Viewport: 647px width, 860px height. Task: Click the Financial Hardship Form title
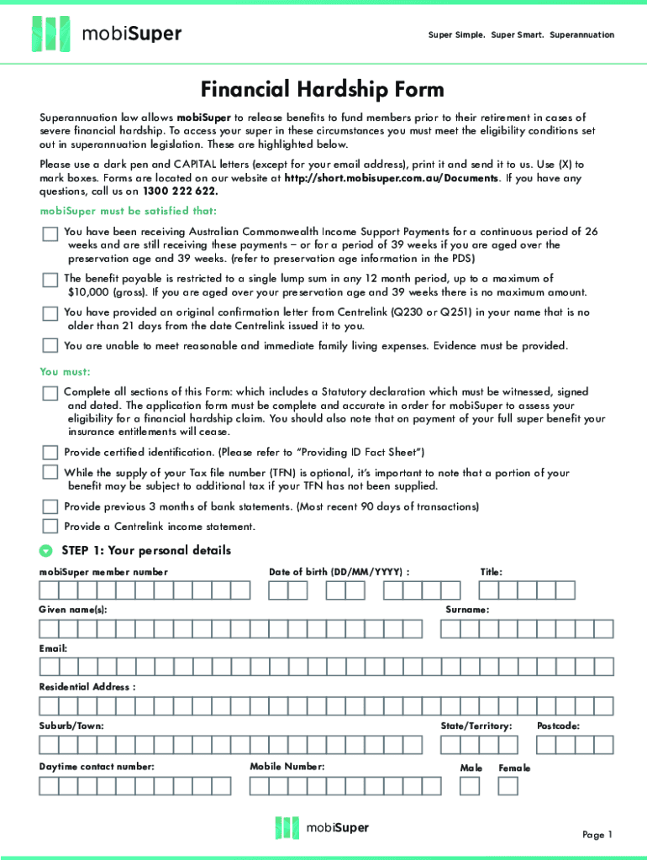323,89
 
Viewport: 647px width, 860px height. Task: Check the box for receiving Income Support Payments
50,233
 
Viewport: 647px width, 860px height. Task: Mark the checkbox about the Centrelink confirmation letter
50,313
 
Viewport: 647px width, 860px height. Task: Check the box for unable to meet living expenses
50,345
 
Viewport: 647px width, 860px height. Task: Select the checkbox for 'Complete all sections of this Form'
50,393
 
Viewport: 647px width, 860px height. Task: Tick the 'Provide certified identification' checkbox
50,452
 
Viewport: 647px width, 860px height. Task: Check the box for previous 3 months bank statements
50,506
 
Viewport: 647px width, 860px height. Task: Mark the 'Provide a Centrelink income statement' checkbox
50,527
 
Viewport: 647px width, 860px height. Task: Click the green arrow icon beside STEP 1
45,552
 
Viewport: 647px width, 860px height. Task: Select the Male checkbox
470,785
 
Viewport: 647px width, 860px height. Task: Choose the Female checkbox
508,785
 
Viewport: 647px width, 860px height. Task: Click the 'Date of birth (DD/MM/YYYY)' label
339,572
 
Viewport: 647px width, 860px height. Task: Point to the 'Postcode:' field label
558,726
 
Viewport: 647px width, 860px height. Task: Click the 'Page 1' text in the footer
597,834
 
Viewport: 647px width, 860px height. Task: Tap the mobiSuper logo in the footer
322,827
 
